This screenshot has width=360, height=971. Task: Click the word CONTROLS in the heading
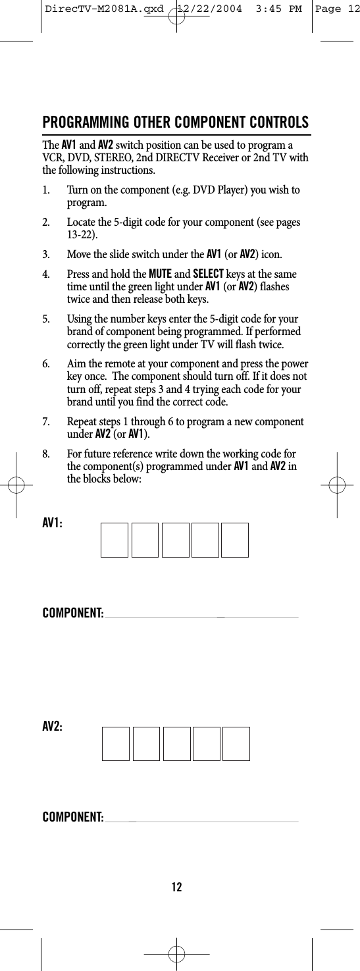coord(276,123)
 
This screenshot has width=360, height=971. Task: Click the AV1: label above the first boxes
coord(53,522)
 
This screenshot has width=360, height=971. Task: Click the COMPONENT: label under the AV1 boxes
coord(72,614)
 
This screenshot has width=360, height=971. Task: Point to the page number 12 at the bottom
coord(176,887)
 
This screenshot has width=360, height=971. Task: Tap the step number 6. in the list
coord(47,365)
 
